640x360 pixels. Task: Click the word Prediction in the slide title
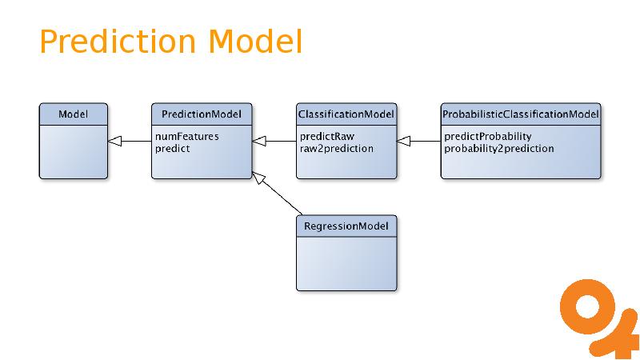[x=119, y=42]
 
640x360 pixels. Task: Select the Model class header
[x=73, y=114]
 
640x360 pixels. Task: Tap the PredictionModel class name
[x=202, y=114]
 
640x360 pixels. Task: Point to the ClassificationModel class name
[x=346, y=114]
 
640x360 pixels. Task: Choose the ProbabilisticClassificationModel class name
[x=520, y=114]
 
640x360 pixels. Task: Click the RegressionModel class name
[x=346, y=226]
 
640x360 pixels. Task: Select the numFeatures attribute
[x=186, y=137]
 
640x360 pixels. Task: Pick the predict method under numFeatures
[x=172, y=148]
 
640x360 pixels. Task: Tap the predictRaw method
[x=326, y=137]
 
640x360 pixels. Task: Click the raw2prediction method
[x=336, y=148]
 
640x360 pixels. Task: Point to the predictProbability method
[x=487, y=137]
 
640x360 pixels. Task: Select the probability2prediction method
[x=498, y=148]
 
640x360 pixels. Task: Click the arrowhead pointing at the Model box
[x=114, y=142]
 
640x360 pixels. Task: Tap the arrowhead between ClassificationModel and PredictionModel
[x=259, y=142]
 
